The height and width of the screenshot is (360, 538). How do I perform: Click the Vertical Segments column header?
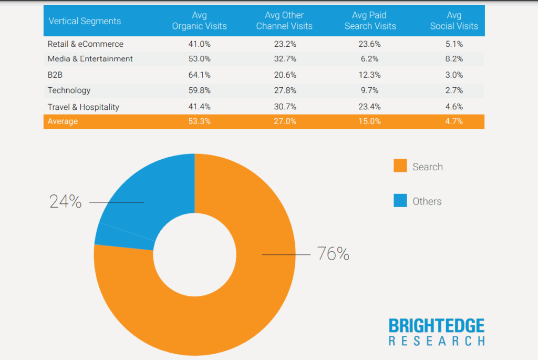[85, 21]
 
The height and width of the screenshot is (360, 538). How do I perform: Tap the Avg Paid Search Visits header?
[370, 20]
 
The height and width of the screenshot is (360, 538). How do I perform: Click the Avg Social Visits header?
[454, 20]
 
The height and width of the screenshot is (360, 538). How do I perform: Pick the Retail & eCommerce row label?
[86, 44]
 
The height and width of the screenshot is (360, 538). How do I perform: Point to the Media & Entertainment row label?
[90, 59]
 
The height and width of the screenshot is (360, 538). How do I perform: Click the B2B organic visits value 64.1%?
[199, 75]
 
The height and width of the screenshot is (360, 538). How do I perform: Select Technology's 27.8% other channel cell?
[285, 90]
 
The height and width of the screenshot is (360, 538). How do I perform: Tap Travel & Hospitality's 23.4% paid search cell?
[369, 107]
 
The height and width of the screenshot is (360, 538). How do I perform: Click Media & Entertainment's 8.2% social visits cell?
[454, 59]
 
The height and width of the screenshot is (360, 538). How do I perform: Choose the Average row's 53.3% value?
[199, 121]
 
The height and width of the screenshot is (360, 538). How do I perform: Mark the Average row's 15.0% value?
[369, 121]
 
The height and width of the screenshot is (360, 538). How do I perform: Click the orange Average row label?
[63, 121]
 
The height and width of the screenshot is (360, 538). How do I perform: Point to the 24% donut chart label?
[66, 201]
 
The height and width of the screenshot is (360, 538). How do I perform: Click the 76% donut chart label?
[333, 254]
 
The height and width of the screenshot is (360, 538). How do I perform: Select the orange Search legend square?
[400, 167]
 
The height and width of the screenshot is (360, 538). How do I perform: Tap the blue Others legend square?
[400, 201]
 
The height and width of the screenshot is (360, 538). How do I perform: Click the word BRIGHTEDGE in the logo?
[437, 325]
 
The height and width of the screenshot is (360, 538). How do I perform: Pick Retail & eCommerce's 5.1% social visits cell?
[454, 44]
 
